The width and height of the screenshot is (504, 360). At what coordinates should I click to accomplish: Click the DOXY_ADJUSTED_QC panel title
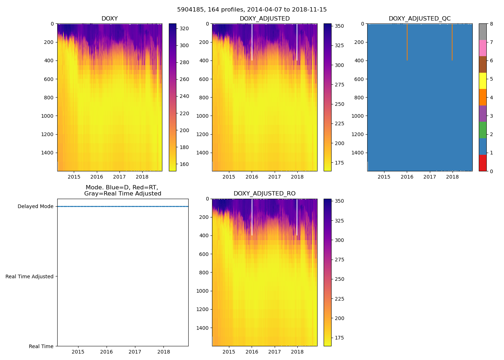pyautogui.click(x=419, y=19)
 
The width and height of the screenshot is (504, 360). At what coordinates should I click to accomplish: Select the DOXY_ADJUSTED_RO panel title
pyautogui.click(x=265, y=194)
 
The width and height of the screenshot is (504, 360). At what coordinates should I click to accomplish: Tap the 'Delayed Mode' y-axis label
pyautogui.click(x=35, y=207)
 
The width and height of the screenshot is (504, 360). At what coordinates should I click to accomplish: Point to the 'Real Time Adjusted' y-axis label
pyautogui.click(x=30, y=276)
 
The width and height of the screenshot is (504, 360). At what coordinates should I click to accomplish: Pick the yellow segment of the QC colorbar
pyautogui.click(x=483, y=81)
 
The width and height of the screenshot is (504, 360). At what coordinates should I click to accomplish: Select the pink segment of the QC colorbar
pyautogui.click(x=483, y=48)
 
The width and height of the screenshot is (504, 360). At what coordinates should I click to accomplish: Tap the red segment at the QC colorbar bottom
pyautogui.click(x=483, y=163)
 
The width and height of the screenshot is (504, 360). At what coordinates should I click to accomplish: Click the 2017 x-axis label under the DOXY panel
pyautogui.click(x=120, y=177)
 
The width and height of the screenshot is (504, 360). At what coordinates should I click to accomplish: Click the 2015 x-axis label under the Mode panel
pyautogui.click(x=78, y=352)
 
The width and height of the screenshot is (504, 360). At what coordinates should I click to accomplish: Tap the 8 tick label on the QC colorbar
pyautogui.click(x=491, y=24)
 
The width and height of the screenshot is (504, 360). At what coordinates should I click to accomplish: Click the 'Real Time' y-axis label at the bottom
pyautogui.click(x=41, y=346)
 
